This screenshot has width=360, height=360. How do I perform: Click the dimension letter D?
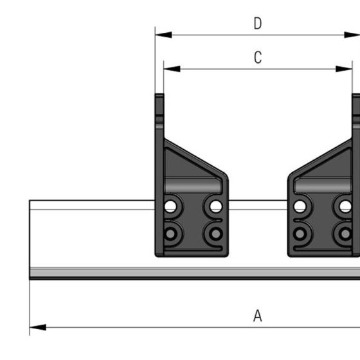258,23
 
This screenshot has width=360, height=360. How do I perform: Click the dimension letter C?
258,57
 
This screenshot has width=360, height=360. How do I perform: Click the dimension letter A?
258,316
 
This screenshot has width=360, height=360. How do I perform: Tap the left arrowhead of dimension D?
163,35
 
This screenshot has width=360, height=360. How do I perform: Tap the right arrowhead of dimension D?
352,35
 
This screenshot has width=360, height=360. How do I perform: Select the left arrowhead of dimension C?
172,69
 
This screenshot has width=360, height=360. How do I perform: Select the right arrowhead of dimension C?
344,69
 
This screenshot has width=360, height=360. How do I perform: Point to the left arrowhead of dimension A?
38,327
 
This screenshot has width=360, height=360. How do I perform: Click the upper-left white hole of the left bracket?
170,206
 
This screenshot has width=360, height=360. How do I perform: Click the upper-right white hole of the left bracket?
216,206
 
